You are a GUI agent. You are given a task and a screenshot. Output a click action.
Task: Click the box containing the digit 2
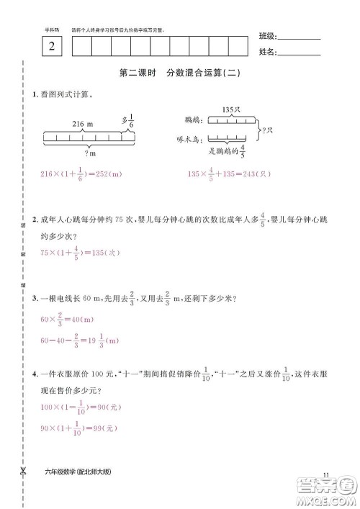click(x=51, y=48)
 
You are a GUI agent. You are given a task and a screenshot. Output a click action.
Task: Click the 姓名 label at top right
click(x=266, y=53)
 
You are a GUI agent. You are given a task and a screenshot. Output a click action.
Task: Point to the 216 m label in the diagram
click(x=84, y=124)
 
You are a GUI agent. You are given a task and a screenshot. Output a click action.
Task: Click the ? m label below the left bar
click(x=92, y=152)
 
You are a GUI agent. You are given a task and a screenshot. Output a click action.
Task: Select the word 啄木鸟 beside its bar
click(x=189, y=139)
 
